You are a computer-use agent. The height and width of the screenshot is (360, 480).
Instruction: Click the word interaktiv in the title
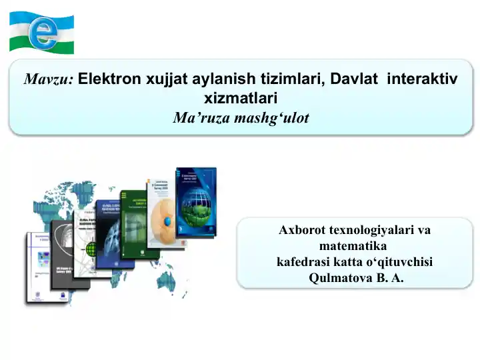(422, 80)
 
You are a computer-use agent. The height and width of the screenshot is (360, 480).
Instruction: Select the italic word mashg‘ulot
(272, 119)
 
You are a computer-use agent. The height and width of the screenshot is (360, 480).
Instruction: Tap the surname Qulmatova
(338, 278)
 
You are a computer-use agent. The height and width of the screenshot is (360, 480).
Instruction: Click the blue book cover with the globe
(197, 201)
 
